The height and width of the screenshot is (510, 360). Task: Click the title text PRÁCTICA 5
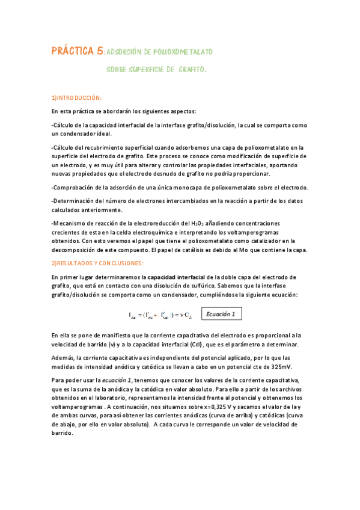tap(77, 52)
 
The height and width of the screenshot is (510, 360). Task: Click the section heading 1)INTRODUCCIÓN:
tap(77, 97)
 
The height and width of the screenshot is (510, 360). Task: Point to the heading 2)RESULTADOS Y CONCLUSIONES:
tap(97, 263)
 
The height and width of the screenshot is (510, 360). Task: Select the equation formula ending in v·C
tap(162, 315)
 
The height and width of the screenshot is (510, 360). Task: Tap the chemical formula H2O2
tap(200, 223)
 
